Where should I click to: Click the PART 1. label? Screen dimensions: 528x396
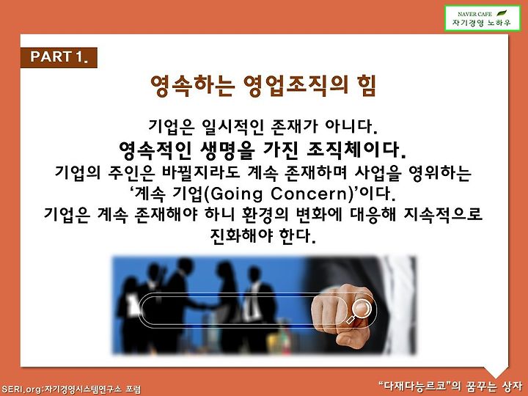coord(59,57)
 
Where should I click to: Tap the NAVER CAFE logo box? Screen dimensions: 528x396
coord(483,18)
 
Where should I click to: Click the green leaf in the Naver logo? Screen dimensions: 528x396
coord(502,13)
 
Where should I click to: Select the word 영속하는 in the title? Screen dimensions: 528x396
coord(192,87)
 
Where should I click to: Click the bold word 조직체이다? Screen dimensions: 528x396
coord(356,150)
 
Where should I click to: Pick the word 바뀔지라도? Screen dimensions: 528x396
coord(201,172)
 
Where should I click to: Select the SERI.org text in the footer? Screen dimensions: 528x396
coord(21,389)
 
